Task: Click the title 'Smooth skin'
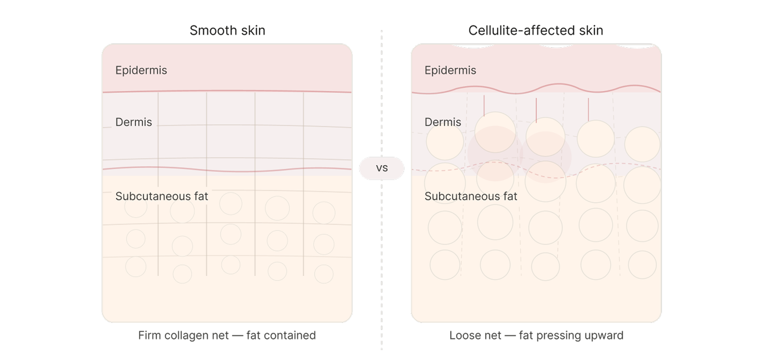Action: click(227, 30)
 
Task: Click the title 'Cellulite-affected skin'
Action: click(536, 30)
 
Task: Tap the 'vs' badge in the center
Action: click(382, 168)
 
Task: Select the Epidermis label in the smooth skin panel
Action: click(141, 70)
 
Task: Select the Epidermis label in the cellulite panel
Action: click(450, 70)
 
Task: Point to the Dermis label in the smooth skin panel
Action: click(134, 122)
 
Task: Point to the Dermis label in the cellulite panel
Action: click(443, 122)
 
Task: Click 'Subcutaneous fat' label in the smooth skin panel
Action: click(162, 196)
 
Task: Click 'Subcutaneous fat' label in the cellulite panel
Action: click(471, 196)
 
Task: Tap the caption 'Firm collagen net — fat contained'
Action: click(227, 335)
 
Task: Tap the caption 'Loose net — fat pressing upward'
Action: click(536, 335)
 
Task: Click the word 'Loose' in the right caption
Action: click(463, 335)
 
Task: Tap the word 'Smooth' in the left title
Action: click(213, 30)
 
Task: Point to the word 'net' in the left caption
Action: click(220, 336)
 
